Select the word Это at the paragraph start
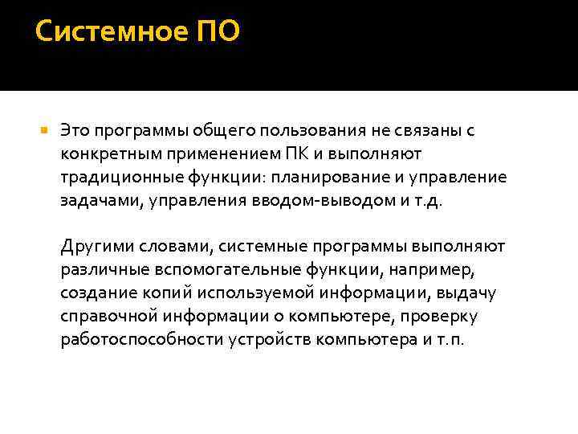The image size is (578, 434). (76, 130)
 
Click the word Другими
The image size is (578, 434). (93, 247)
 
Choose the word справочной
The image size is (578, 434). (105, 317)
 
